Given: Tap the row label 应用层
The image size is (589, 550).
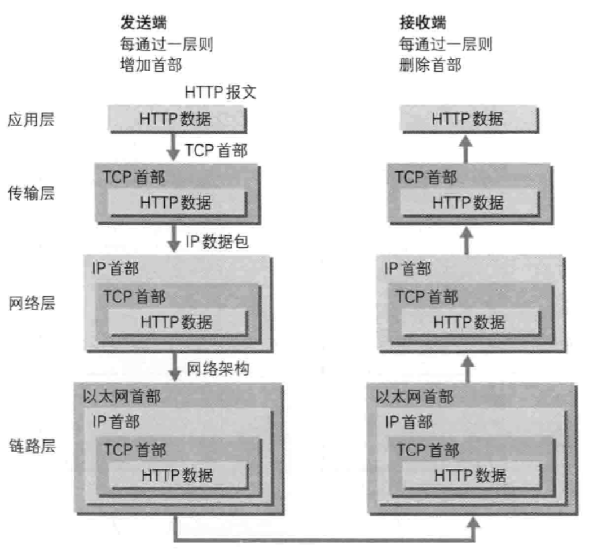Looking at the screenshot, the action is click(x=32, y=120).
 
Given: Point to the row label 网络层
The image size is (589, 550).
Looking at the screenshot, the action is click(x=32, y=303).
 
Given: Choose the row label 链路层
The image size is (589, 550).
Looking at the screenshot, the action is click(x=32, y=446).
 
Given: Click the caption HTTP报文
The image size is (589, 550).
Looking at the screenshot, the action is click(x=220, y=91).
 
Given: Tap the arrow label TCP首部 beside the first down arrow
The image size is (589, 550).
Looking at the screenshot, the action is click(x=216, y=150).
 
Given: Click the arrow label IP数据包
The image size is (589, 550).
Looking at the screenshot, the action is click(x=217, y=242).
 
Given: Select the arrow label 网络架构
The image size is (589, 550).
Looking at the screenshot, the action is click(x=218, y=368).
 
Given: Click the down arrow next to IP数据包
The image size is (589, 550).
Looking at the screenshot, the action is click(x=174, y=241).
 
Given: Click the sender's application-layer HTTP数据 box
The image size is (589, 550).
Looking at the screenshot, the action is click(x=177, y=119).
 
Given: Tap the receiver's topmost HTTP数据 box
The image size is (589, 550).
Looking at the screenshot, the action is click(x=468, y=119).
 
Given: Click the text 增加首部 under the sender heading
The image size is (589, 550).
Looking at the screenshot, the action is click(x=151, y=65).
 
